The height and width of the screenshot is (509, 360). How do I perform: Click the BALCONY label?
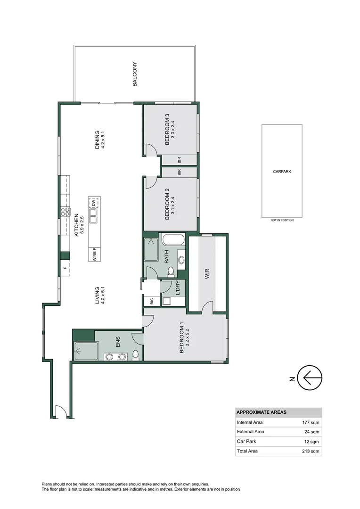(135, 74)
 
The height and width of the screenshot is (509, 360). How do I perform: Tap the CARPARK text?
(282, 172)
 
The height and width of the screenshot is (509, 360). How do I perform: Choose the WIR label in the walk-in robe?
(206, 274)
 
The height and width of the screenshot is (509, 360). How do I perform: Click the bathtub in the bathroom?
(174, 240)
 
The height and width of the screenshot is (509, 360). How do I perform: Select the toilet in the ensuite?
(136, 354)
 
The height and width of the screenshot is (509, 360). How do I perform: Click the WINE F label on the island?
(94, 254)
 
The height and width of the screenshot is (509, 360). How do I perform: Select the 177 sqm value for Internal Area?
(311, 422)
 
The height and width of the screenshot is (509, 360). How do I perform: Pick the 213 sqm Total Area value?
(311, 451)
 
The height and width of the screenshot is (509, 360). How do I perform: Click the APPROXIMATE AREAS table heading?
(261, 412)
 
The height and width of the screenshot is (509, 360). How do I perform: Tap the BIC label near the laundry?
(152, 301)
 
